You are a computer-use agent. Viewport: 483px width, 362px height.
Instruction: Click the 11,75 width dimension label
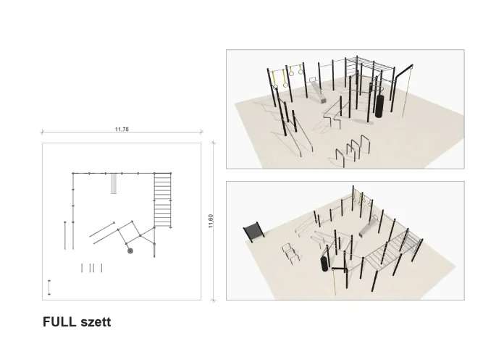122,130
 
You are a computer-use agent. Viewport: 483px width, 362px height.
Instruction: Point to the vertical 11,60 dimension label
211,222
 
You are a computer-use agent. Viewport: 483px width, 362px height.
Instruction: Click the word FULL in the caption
59,322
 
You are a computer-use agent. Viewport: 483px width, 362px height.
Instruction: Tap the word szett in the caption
96,322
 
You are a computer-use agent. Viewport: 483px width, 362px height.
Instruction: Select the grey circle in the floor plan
130,251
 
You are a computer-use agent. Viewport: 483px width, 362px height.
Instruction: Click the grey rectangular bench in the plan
114,184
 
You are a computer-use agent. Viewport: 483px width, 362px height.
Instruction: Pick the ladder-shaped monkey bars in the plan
162,201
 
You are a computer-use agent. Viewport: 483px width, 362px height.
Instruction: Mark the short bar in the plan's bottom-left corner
49,287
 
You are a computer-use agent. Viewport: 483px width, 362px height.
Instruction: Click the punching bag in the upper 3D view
379,106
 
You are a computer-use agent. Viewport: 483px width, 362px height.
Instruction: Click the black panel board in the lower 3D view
254,232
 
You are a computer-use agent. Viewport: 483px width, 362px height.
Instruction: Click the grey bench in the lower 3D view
369,227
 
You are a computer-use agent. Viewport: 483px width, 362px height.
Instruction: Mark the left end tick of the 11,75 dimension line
42,132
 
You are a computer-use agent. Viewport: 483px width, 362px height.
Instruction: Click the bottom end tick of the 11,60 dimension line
213,300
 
